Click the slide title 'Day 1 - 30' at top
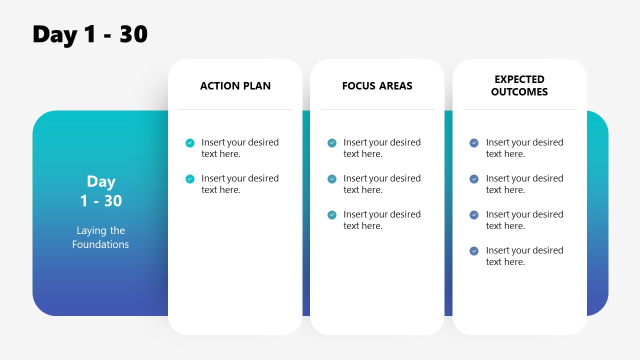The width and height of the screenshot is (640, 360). [90, 34]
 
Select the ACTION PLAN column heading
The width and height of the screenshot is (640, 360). [235, 86]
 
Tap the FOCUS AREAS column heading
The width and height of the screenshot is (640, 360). [377, 86]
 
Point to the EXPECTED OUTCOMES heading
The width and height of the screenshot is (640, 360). [519, 85]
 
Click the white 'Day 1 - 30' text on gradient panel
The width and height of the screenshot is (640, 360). [101, 191]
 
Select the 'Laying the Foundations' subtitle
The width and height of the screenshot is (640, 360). [100, 237]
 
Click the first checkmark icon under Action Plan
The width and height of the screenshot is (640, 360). [190, 143]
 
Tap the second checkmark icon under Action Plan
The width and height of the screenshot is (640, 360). [190, 179]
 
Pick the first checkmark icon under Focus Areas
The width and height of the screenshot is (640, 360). [332, 143]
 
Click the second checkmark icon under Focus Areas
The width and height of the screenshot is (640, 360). [332, 179]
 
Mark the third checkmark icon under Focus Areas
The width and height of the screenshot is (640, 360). [332, 215]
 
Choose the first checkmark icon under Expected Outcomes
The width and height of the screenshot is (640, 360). [474, 143]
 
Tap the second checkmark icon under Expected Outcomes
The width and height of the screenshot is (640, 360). [474, 179]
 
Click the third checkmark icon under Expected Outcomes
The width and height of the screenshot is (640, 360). [474, 215]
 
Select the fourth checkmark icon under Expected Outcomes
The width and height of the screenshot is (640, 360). [474, 251]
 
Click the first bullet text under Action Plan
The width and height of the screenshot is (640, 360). [240, 148]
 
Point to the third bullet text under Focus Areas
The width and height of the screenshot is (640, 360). [382, 220]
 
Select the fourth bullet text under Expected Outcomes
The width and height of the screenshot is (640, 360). [524, 256]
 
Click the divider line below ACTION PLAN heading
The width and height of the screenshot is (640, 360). [235, 109]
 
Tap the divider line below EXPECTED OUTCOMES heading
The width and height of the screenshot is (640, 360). [519, 109]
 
